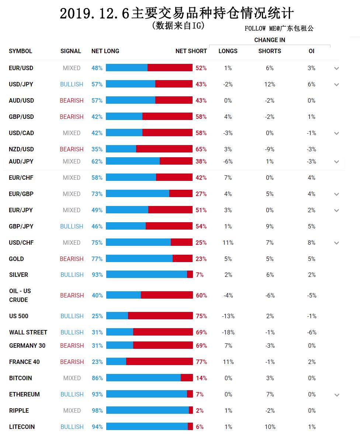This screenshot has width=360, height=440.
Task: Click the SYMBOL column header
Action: [20, 51]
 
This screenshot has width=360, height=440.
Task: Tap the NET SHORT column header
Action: [191, 51]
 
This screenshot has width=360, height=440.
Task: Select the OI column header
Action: [311, 51]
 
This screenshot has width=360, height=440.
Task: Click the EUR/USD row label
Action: [21, 68]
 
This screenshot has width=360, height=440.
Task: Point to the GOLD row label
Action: [16, 259]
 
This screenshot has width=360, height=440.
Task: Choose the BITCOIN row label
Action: [20, 378]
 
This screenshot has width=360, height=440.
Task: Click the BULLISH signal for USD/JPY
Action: [72, 84]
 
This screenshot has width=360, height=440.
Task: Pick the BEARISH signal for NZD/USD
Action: [72, 149]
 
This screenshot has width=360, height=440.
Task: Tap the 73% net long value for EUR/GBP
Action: [97, 194]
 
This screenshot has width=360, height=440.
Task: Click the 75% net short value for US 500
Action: [201, 316]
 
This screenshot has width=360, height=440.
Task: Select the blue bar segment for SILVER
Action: [147, 274]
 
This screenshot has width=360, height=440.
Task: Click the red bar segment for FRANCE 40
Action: [160, 361]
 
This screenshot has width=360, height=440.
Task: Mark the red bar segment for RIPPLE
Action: [191, 410]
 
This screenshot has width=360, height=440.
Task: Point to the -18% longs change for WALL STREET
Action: [228, 332]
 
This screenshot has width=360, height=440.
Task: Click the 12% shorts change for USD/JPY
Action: [270, 84]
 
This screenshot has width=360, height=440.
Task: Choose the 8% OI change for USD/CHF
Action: [311, 243]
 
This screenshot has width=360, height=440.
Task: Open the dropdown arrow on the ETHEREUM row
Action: [337, 395]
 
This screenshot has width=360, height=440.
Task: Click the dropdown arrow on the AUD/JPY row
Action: [337, 162]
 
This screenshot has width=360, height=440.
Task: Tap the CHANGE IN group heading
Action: [270, 40]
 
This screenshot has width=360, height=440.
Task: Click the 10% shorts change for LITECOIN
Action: [270, 427]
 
